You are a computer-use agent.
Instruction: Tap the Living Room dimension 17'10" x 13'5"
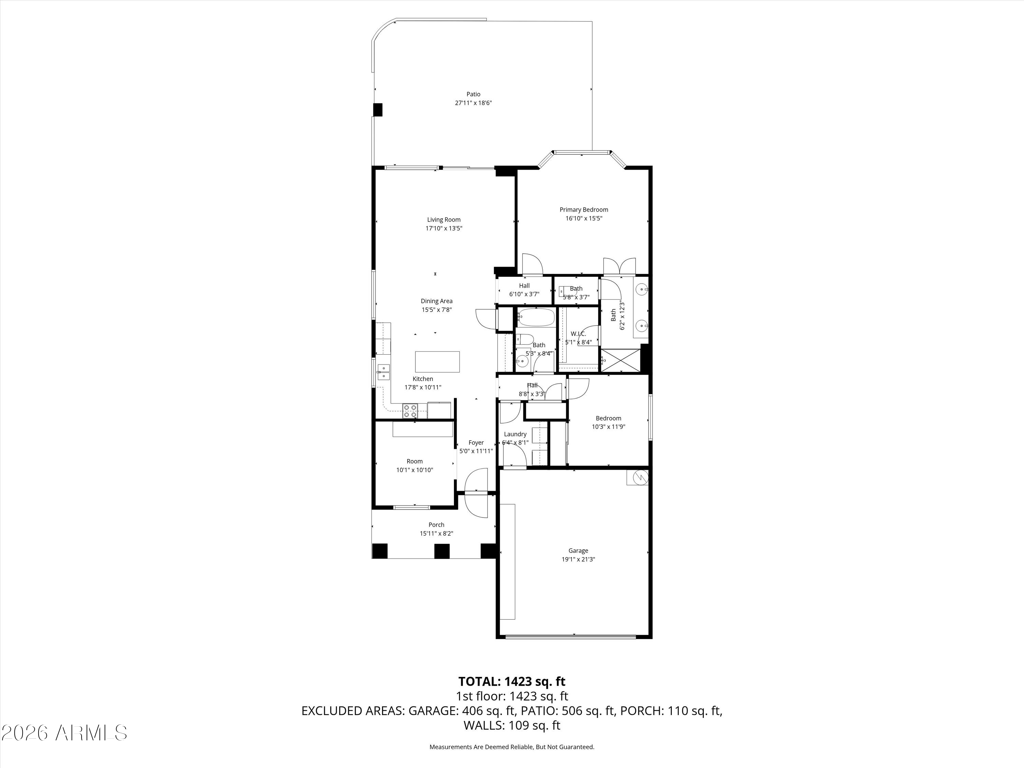point(444,228)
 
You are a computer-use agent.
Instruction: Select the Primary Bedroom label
point(584,210)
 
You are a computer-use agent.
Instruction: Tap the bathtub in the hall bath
point(535,317)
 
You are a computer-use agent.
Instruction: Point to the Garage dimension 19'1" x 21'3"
point(578,559)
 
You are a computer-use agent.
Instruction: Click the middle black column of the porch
point(442,551)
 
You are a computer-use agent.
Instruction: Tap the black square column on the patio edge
point(378,110)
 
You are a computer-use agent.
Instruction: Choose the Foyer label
point(476,443)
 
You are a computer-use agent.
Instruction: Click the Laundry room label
point(515,434)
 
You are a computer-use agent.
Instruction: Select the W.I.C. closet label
point(578,334)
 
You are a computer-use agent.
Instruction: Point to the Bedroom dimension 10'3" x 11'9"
point(608,427)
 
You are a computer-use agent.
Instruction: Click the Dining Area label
point(437,301)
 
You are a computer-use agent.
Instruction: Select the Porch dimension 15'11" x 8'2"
point(436,533)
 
